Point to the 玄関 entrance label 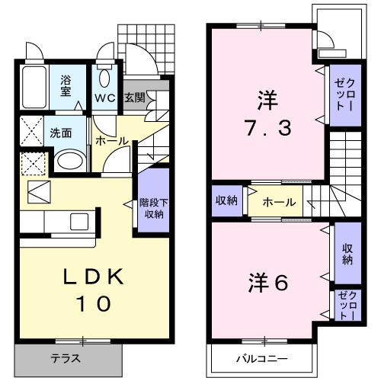(x=134, y=98)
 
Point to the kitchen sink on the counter (x=77, y=222)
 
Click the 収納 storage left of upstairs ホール (x=227, y=201)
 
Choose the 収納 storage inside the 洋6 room (x=347, y=255)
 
